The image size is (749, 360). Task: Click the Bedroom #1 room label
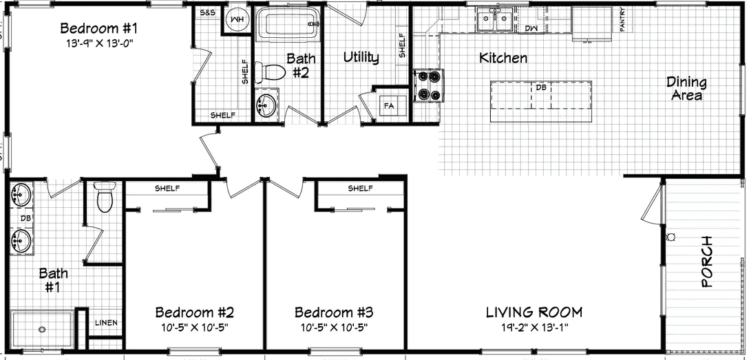click(100, 28)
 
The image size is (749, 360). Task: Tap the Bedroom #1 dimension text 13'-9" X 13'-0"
click(100, 42)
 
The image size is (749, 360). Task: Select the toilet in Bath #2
click(270, 72)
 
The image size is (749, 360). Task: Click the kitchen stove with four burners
click(428, 86)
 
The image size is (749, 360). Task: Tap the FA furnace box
click(389, 106)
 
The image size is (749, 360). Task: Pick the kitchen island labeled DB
click(541, 94)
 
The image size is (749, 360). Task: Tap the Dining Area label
click(686, 88)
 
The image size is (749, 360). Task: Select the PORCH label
click(706, 262)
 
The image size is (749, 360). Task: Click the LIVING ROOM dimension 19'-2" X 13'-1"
click(534, 326)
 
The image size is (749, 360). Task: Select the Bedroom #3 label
click(334, 311)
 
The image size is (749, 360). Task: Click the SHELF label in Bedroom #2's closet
click(167, 188)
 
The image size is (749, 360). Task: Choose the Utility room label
click(361, 57)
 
